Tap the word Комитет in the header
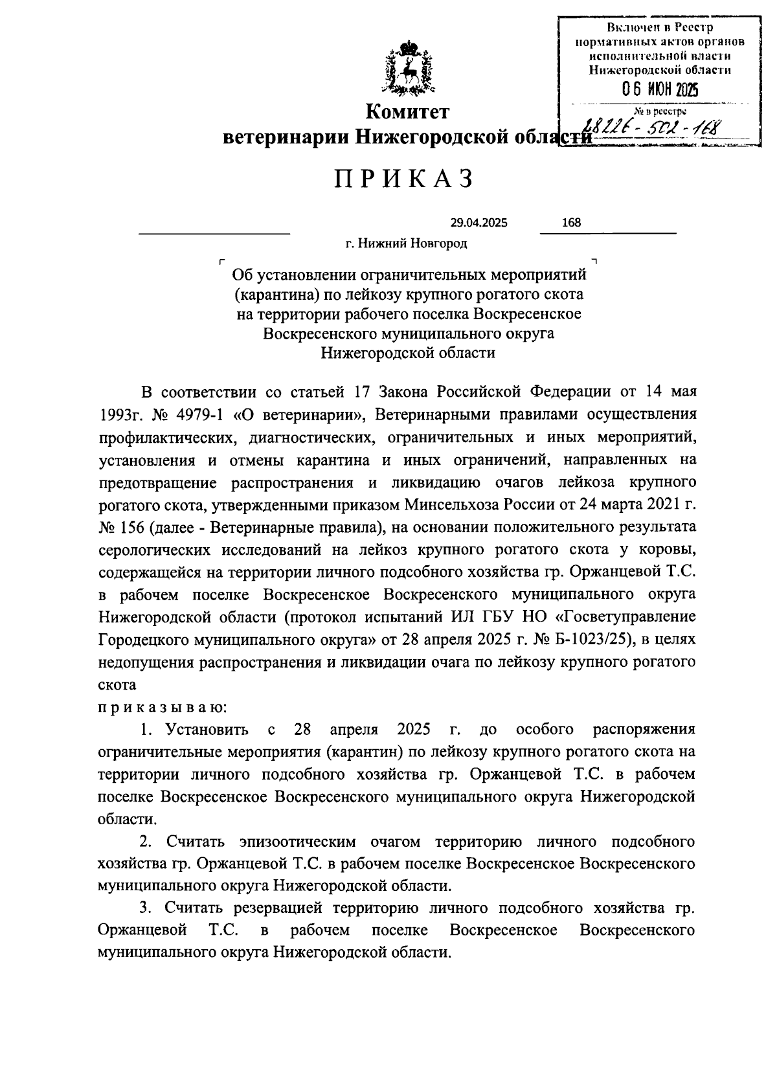407,113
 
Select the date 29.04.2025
479,223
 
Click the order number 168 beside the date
571,223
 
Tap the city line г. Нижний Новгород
406,244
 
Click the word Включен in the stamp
631,27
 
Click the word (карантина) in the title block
275,295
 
